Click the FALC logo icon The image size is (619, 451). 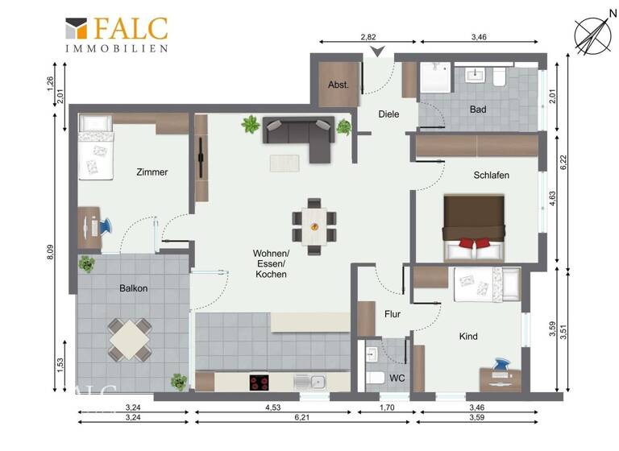(76, 29)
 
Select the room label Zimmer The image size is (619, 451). (152, 172)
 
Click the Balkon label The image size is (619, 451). (133, 288)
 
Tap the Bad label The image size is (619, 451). (478, 110)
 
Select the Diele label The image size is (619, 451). (388, 114)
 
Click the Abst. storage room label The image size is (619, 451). (338, 85)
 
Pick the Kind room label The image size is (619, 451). (468, 337)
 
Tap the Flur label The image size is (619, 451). (393, 314)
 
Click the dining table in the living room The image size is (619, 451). (314, 221)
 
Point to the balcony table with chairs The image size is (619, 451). (130, 339)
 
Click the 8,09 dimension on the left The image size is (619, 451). (50, 252)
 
